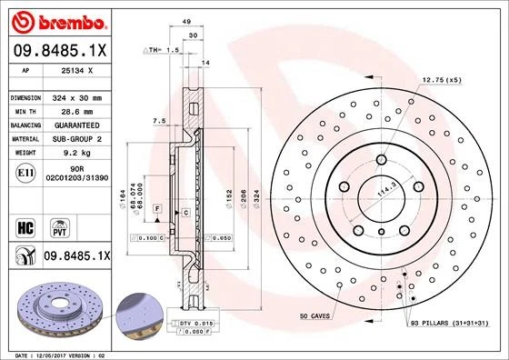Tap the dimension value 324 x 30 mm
tap(78, 97)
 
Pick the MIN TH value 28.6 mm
tap(75, 111)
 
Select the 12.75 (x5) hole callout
tap(440, 82)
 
